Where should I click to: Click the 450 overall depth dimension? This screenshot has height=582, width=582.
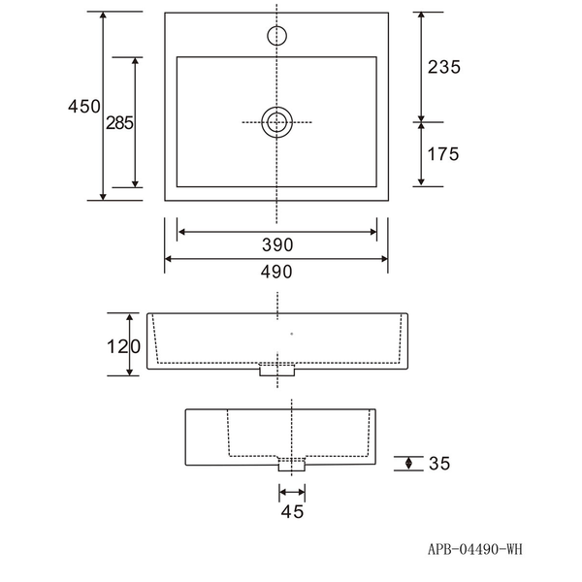coord(83,106)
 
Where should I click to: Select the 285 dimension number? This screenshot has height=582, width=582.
coord(119,123)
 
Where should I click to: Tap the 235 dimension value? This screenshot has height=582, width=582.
coord(444,67)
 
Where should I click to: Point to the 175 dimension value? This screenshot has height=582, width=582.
coord(443,154)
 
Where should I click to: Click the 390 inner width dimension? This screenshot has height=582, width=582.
coord(277,245)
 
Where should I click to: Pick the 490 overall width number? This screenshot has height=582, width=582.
coord(276,272)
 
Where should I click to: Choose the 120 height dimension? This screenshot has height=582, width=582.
coord(123,346)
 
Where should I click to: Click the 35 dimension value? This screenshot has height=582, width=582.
coord(439,464)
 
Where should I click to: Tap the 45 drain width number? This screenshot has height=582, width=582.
coord(292,512)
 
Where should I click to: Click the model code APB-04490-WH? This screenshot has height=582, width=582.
coord(475,549)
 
